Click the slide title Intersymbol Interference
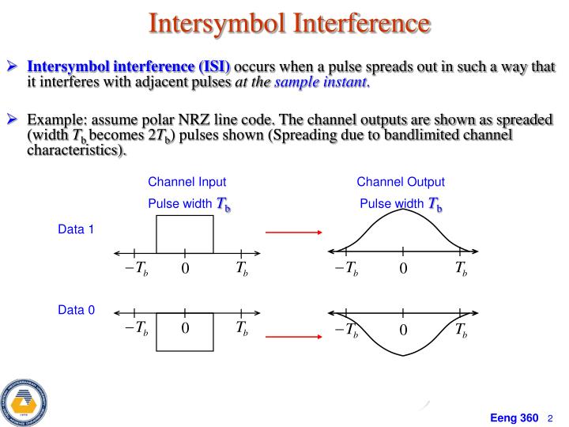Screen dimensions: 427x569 [x=289, y=24]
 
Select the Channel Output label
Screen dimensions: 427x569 [x=401, y=182]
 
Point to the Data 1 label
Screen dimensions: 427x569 [x=76, y=230]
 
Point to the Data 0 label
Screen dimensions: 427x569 [x=76, y=310]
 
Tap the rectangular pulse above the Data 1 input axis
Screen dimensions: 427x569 [x=185, y=234]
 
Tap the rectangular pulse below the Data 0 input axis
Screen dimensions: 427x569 [x=185, y=332]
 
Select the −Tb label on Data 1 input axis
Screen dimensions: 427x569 [x=135, y=269]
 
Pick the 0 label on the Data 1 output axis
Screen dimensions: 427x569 [x=403, y=270]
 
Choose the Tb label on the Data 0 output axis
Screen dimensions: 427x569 [x=462, y=329]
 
